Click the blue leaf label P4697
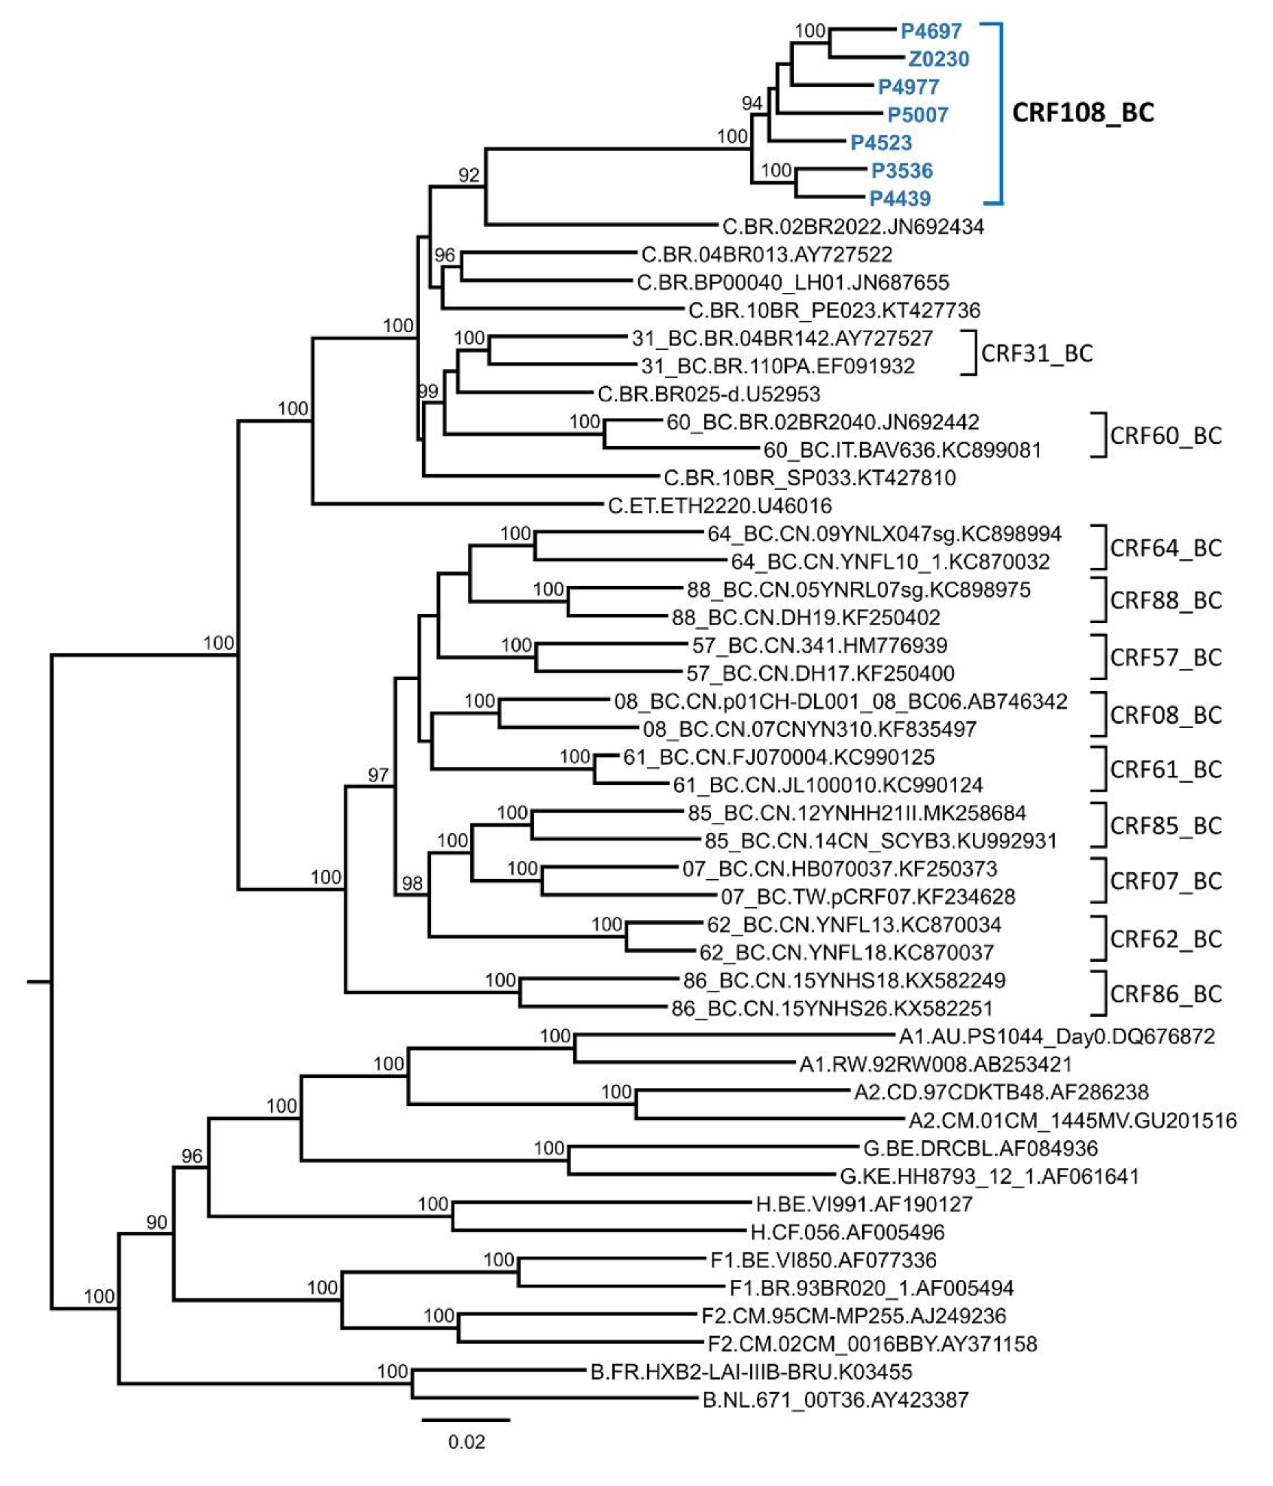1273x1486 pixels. (931, 31)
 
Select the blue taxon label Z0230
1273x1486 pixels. (938, 59)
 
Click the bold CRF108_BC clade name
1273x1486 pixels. (1082, 112)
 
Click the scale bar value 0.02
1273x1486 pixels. (466, 1442)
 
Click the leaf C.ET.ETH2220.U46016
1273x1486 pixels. (720, 506)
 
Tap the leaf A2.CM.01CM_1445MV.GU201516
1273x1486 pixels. (1073, 1120)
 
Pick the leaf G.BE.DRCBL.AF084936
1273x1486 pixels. (980, 1148)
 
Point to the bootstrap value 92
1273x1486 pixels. (468, 175)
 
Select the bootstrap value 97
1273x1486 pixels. (378, 774)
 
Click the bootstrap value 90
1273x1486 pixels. (156, 1222)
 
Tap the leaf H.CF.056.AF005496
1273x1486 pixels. (847, 1232)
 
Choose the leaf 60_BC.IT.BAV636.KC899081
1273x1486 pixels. (902, 450)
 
